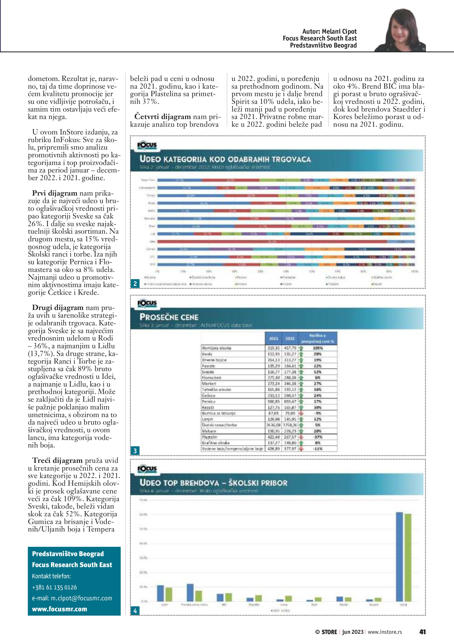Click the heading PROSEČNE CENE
click(169, 317)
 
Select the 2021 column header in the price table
click(273, 338)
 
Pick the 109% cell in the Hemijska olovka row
click(318, 348)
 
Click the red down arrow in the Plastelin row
click(301, 437)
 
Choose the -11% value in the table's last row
click(318, 449)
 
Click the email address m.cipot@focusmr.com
click(72, 598)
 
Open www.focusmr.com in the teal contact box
click(59, 609)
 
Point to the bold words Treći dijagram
click(57, 460)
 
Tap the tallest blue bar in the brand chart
click(400, 557)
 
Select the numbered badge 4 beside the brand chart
click(135, 611)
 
